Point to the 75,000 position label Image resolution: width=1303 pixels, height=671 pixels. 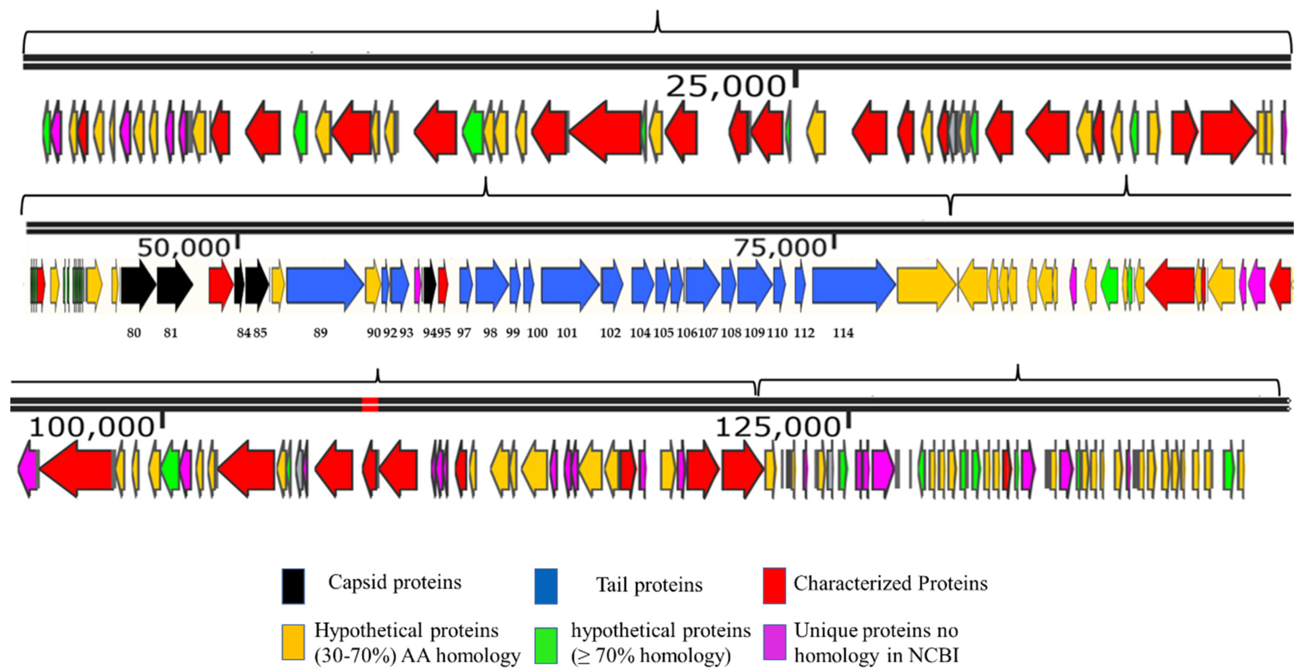779,248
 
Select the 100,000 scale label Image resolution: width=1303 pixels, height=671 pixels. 91,427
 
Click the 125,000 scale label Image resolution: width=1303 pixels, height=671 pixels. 777,427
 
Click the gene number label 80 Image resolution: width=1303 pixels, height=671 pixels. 133,333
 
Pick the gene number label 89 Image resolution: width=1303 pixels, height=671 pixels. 320,333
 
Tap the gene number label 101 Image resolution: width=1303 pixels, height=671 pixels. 567,333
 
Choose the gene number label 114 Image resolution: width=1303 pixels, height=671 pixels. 843,333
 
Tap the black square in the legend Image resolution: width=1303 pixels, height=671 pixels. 293,586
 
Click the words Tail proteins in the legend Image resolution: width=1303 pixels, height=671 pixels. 649,585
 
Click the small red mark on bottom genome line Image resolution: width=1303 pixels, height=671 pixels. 370,405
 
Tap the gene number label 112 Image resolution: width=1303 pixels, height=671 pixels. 804,333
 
